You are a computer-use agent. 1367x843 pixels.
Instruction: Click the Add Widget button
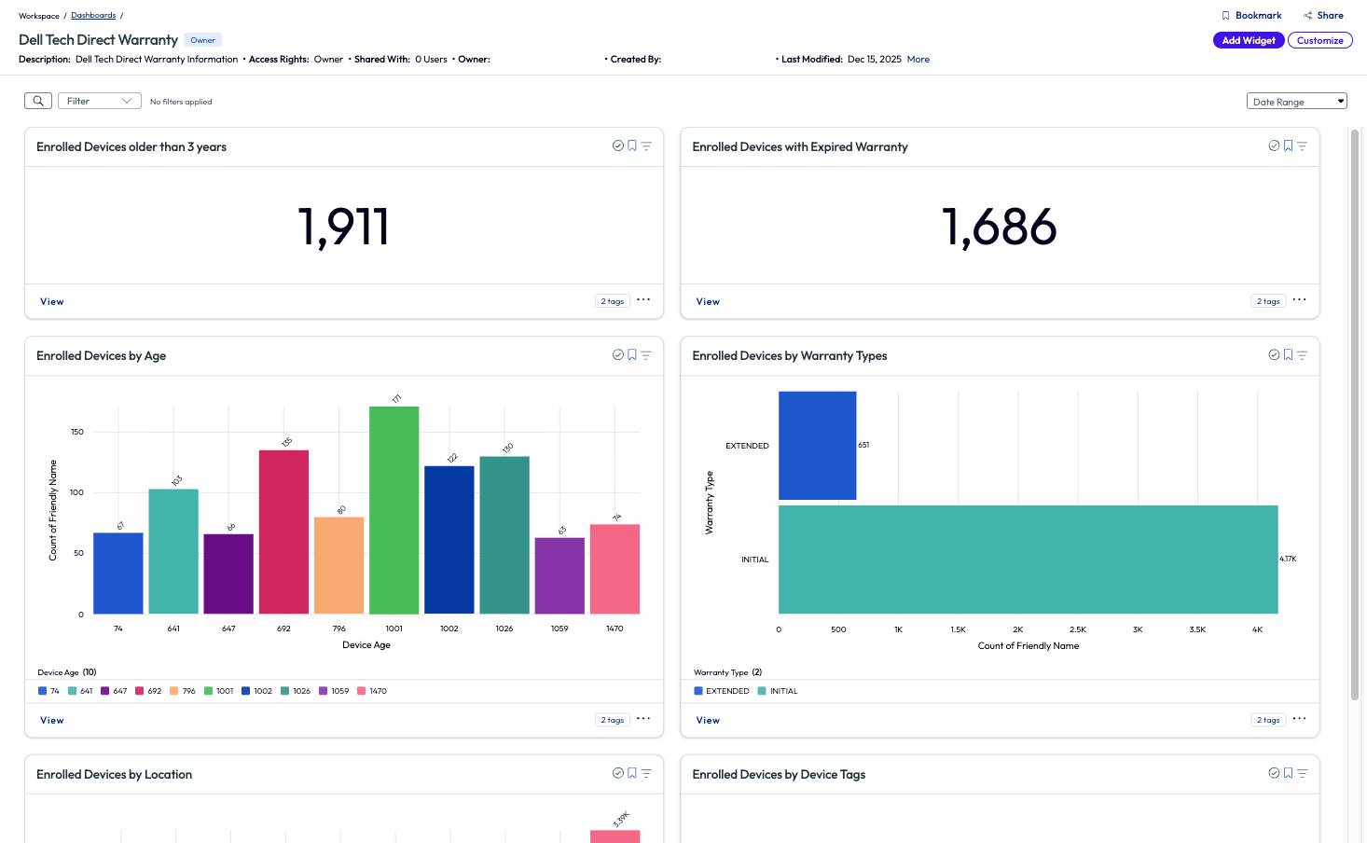1248,40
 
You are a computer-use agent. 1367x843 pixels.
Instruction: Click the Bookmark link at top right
1251,16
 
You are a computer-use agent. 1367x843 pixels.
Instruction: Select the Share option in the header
1323,16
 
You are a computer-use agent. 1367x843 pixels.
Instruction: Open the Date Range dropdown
1296,102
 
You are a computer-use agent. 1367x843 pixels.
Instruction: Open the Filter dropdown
99,101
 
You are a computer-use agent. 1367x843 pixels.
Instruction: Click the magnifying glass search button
38,101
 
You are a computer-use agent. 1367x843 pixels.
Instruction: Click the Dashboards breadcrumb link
93,16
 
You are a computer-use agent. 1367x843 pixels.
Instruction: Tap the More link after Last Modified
918,60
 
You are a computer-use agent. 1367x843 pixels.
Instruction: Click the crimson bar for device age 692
283,532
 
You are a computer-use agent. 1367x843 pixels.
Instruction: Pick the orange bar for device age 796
338,565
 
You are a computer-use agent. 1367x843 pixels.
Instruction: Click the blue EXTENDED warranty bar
817,446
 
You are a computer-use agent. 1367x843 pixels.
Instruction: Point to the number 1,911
343,227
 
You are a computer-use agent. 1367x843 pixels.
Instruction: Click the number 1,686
999,227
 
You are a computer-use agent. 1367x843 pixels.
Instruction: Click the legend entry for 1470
372,691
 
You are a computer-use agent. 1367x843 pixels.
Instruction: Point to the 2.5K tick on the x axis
1077,629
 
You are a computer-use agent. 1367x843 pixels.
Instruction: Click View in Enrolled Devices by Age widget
52,720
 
